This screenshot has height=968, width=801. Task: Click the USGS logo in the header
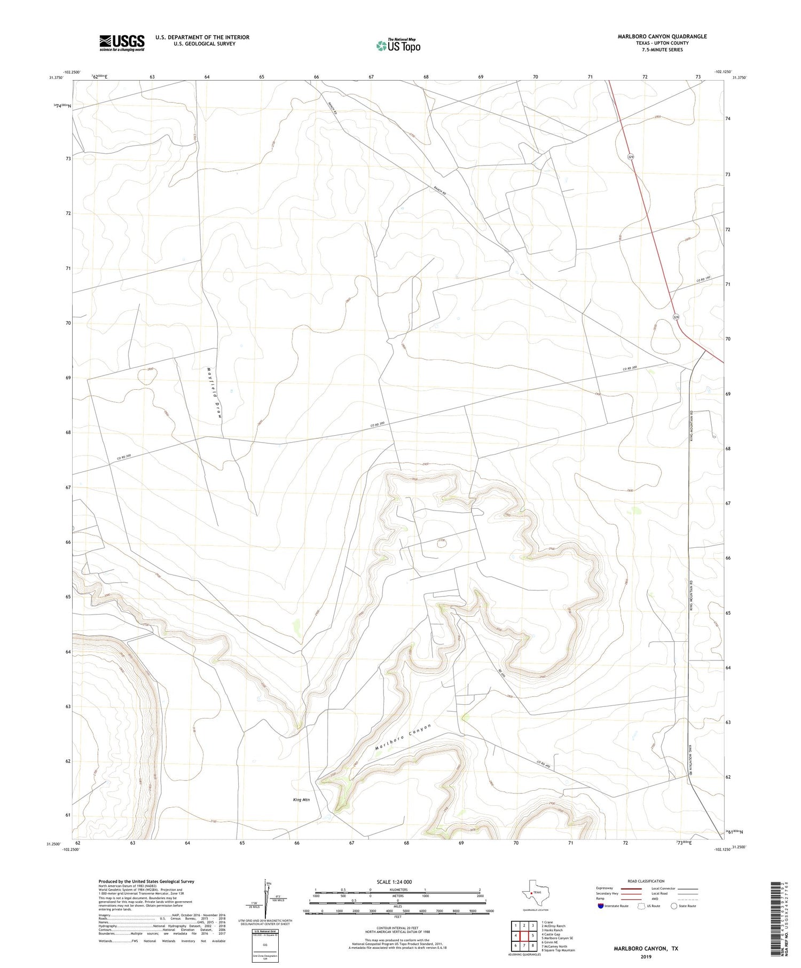[121, 43]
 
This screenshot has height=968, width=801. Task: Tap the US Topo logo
[398, 46]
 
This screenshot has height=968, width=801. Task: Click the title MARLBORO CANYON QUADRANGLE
[662, 36]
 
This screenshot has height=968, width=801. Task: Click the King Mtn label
[301, 800]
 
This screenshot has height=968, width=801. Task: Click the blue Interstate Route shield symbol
[601, 906]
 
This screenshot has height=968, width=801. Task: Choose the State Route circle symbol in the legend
[674, 906]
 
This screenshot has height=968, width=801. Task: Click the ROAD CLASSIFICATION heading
[646, 881]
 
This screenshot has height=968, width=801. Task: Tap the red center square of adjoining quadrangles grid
[524, 935]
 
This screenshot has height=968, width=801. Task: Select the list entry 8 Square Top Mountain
[558, 950]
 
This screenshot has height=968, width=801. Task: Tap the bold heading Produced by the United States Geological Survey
[146, 882]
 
